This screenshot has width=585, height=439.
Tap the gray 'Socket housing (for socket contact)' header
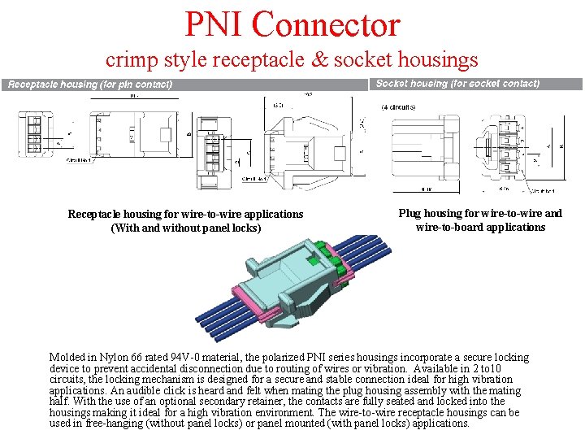click(458, 84)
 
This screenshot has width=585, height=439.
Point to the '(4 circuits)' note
click(398, 107)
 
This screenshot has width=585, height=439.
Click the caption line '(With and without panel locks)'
click(185, 228)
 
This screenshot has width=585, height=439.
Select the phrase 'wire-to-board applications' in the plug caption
click(480, 227)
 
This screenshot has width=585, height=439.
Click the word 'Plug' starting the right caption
click(409, 213)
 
